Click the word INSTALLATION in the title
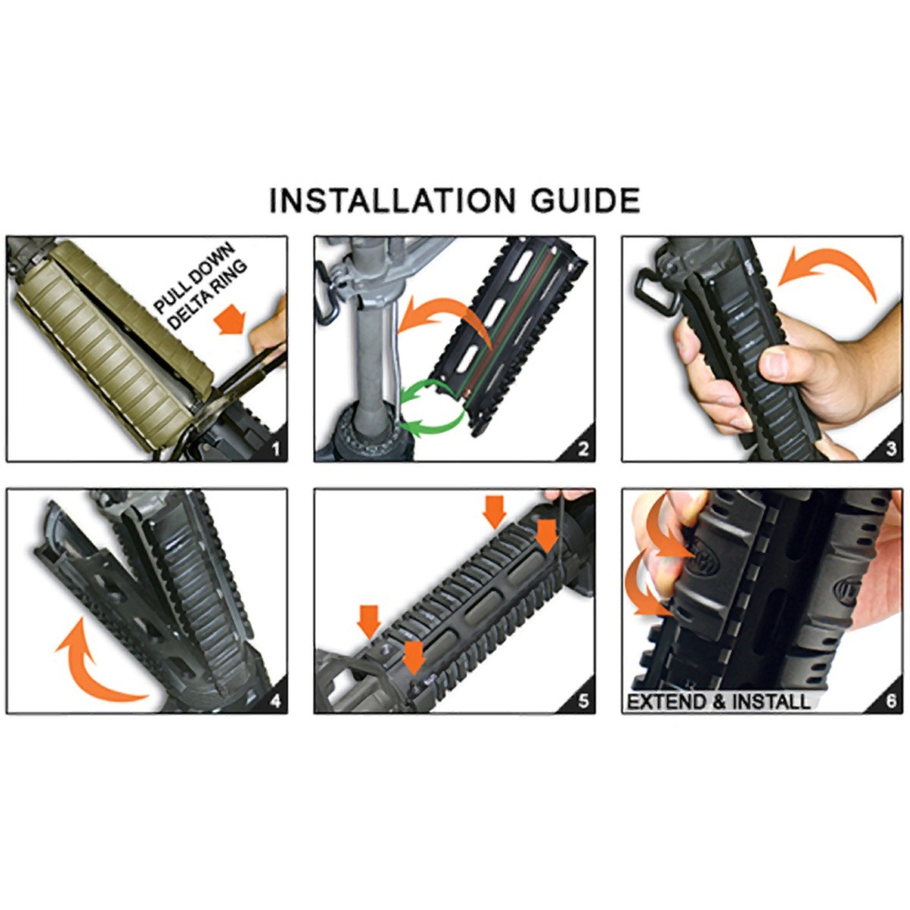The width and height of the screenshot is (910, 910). [x=392, y=200]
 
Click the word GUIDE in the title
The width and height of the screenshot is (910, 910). [x=586, y=200]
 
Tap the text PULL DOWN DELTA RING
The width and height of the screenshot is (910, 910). [x=200, y=287]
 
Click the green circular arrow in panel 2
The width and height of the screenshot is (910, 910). [x=432, y=407]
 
